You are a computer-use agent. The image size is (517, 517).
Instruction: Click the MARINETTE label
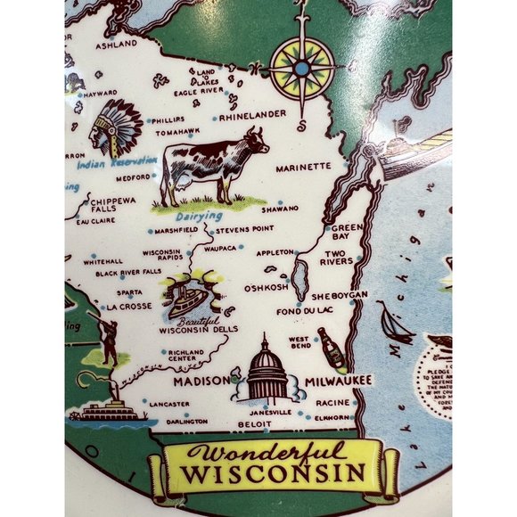point(302,168)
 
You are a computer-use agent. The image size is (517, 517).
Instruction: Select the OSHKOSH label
point(267,287)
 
